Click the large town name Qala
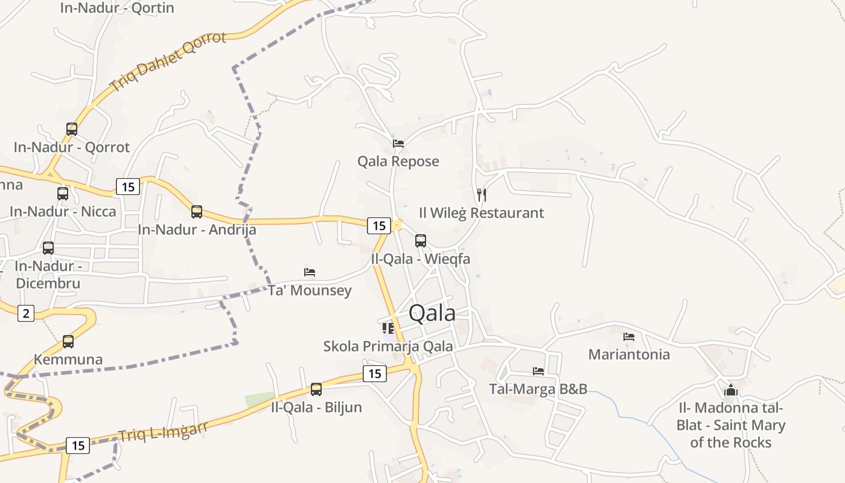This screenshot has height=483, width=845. point(432,313)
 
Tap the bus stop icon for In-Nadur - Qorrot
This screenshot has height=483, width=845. point(72,129)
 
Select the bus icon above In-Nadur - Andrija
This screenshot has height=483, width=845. point(197,212)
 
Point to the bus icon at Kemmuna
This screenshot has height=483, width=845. point(68,342)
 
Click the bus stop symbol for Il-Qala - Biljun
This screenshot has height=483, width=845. point(316,389)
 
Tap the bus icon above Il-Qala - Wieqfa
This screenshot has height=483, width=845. point(421,241)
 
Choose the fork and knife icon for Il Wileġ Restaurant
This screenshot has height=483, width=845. point(482,194)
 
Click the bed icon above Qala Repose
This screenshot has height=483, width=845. point(398,144)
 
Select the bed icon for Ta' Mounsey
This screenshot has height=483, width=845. point(310,272)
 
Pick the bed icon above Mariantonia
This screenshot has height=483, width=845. point(629,337)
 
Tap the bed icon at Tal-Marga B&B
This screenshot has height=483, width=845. point(538,371)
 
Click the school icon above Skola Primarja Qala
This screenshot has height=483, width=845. point(388,328)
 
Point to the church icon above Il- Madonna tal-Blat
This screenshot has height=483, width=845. point(731,390)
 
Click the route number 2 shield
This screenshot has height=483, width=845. point(26,313)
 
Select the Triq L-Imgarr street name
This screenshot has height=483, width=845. point(163,431)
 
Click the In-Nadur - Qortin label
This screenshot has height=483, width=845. point(117,8)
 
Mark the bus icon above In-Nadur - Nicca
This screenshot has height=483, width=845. point(63,194)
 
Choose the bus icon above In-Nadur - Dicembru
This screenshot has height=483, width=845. point(48,248)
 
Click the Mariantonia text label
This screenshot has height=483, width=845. point(629,354)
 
